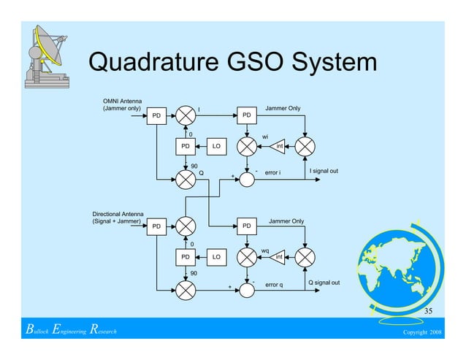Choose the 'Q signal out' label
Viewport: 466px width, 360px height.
324,282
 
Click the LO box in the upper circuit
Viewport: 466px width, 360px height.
216,148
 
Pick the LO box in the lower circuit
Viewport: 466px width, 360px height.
216,258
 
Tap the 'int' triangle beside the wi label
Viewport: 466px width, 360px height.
278,148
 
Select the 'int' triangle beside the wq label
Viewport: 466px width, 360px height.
278,258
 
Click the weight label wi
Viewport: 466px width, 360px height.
265,136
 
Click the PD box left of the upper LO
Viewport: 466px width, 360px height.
186,148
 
